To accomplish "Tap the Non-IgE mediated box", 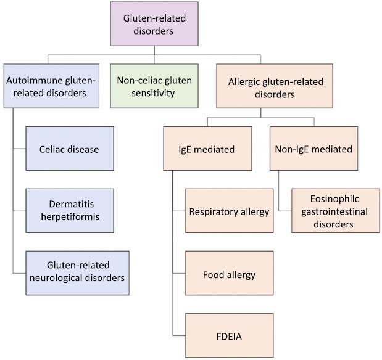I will (313, 149).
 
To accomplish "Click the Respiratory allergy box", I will (229, 211).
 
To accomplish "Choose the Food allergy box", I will (229, 274).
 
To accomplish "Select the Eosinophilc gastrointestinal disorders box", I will (331, 212).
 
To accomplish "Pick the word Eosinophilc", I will (331, 199).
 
